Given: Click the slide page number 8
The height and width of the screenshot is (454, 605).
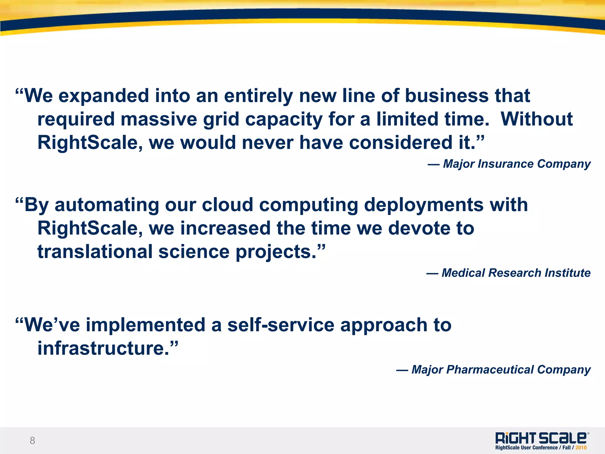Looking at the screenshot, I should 32,441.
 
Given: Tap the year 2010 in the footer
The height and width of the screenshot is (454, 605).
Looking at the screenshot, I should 581,448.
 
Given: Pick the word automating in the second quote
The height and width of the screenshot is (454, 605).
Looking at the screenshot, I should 107,205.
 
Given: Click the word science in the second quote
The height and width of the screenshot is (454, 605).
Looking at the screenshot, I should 194,252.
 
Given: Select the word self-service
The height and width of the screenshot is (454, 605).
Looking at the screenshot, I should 281,325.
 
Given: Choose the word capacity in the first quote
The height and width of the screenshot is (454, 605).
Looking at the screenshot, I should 284,119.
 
